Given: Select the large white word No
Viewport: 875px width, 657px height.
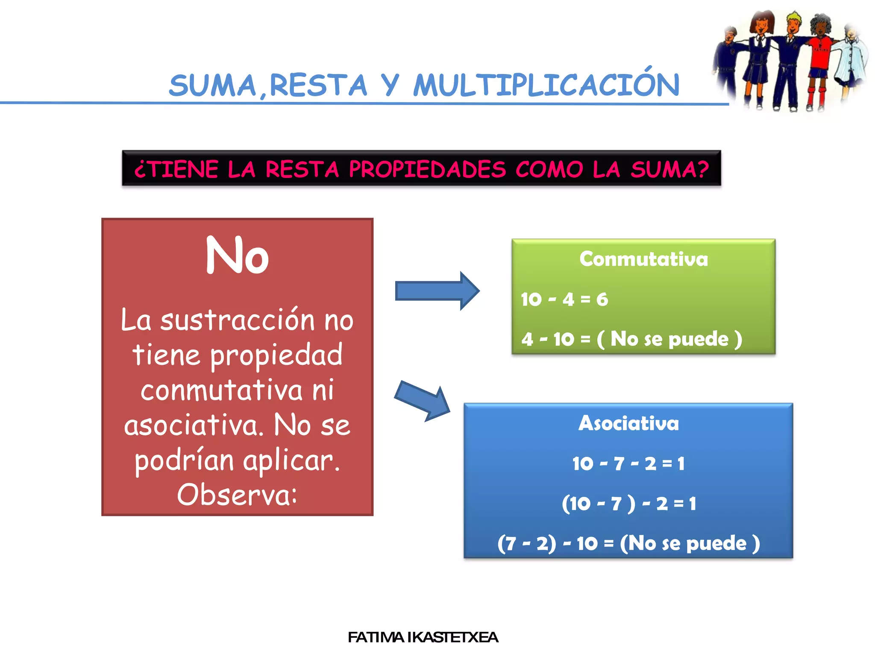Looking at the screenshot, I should coord(237,256).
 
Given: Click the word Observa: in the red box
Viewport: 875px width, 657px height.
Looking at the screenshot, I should coord(237,495).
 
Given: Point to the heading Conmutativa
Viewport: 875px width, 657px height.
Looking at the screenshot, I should coord(643,259).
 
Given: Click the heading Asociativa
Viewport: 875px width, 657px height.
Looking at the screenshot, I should coord(628,423).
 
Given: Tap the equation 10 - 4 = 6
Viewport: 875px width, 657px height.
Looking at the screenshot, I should coord(564,299).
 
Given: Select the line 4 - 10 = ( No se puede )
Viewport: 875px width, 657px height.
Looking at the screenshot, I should coord(631,339).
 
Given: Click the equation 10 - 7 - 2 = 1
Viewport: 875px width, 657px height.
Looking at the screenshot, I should coord(628,464).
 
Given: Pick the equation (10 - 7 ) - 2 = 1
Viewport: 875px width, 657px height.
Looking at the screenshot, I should coord(628,504).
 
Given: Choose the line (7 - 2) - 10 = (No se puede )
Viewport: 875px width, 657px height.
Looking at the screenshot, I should coord(628,544).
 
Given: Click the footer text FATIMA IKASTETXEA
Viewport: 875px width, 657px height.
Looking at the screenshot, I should coord(423,637).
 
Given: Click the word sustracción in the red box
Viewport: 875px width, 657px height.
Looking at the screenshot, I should coord(238,320).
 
